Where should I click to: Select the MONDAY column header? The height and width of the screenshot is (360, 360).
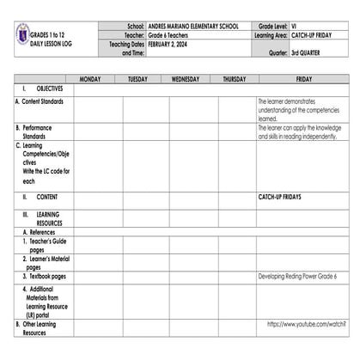pyautogui.click(x=90, y=79)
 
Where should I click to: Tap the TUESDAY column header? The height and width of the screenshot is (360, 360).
pyautogui.click(x=137, y=79)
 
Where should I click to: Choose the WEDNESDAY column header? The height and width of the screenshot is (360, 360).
pyautogui.click(x=185, y=79)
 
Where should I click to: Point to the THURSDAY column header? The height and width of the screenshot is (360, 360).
pyautogui.click(x=234, y=79)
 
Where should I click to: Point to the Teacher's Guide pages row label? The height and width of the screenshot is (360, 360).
pyautogui.click(x=48, y=245)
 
